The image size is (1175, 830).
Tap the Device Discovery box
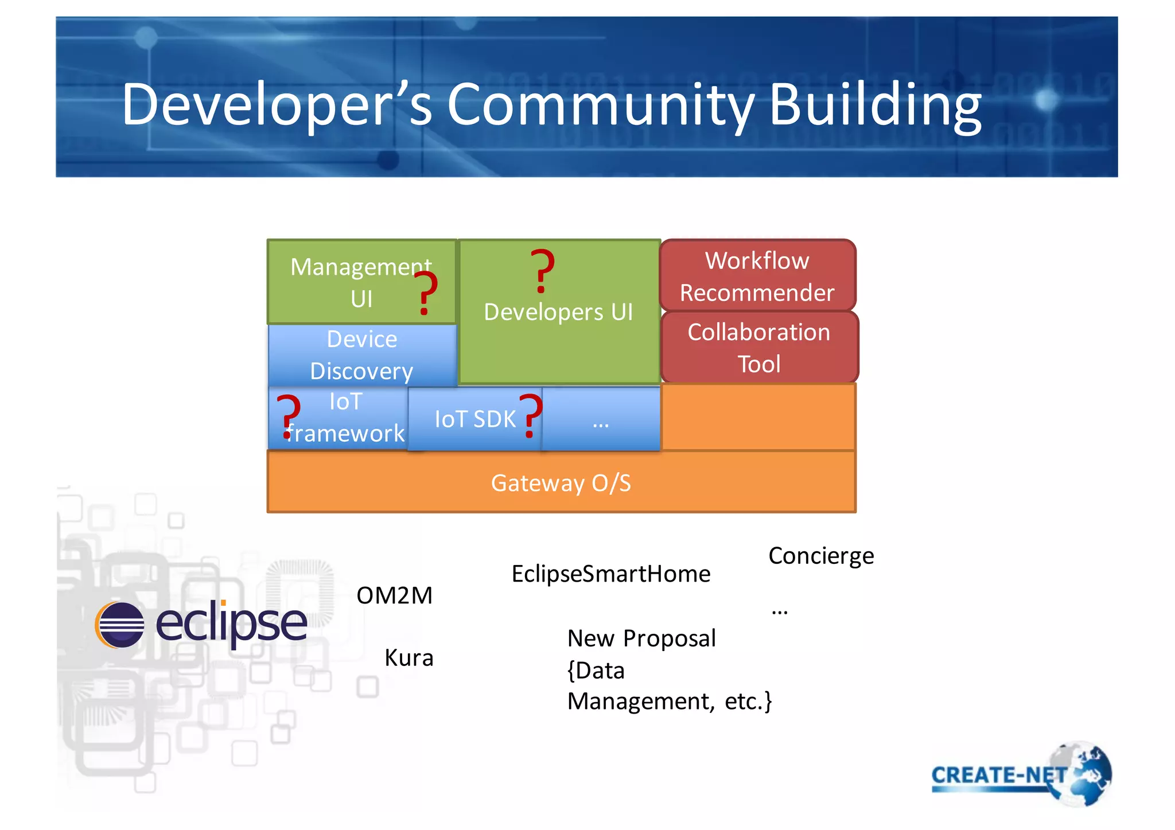(361, 355)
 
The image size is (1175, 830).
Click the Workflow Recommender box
(757, 276)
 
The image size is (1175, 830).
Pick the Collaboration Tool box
(758, 348)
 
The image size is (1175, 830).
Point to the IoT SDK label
(474, 419)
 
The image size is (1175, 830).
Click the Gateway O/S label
(561, 483)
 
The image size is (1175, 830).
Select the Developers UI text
(558, 312)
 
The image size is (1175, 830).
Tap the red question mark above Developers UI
(542, 271)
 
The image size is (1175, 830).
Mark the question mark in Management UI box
(426, 293)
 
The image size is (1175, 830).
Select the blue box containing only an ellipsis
(601, 419)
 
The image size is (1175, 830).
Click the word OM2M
(394, 595)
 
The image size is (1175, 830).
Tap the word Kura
(408, 657)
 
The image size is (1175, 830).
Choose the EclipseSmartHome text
(610, 574)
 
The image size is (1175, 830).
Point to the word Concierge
(821, 555)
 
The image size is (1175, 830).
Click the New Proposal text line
(641, 638)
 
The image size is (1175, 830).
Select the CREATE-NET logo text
(998, 775)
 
